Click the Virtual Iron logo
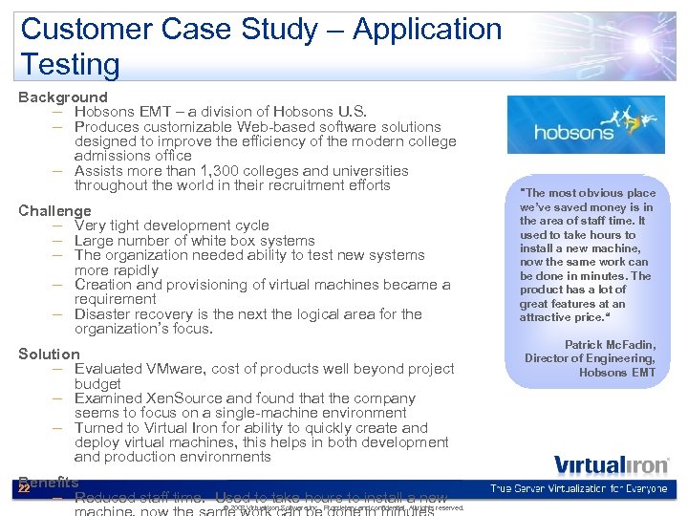click(591, 466)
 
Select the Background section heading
click(63, 97)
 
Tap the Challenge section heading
click(55, 210)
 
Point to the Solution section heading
click(49, 354)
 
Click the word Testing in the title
click(70, 65)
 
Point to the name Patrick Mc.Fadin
click(610, 344)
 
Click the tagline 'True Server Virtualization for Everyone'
click(579, 489)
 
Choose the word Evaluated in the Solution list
click(110, 368)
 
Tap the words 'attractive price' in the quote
click(561, 317)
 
